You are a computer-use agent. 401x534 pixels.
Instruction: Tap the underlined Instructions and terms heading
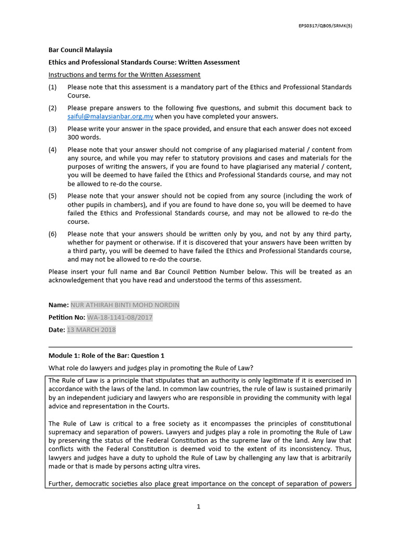[124, 75]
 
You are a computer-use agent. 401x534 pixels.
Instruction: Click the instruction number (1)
[52, 87]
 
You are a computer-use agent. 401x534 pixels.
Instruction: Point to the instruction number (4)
[52, 150]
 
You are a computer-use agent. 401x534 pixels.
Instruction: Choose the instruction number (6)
[52, 234]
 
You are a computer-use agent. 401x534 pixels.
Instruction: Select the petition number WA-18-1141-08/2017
[120, 317]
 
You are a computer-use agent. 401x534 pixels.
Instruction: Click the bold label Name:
[58, 305]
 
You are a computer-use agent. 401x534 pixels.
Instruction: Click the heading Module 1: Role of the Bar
[106, 356]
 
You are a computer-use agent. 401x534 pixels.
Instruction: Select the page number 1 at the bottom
[199, 506]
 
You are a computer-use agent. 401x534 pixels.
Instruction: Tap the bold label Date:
[57, 330]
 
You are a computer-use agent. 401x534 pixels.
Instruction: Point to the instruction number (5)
[52, 196]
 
